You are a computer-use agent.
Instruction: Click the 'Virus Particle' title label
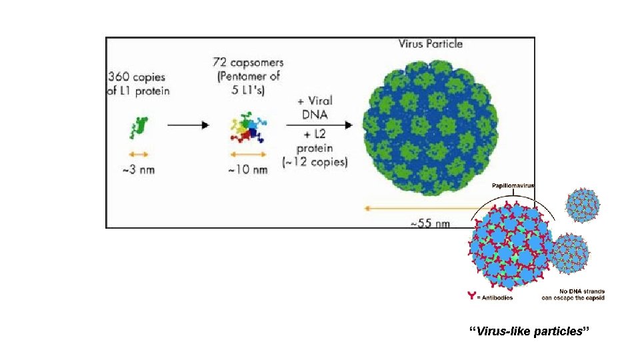[x=430, y=45]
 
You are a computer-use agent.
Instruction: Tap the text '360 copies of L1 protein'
[x=138, y=84]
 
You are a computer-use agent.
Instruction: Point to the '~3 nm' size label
[x=138, y=169]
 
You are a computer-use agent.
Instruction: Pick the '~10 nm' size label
[x=247, y=170]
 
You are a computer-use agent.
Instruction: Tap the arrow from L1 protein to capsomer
[x=188, y=124]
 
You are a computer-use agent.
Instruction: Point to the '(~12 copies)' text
[x=315, y=163]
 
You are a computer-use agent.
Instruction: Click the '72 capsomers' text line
[x=248, y=63]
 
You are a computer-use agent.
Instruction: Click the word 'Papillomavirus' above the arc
[x=513, y=186]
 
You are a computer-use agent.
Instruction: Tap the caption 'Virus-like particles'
[x=530, y=331]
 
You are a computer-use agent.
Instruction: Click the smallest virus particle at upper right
[x=583, y=204]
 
